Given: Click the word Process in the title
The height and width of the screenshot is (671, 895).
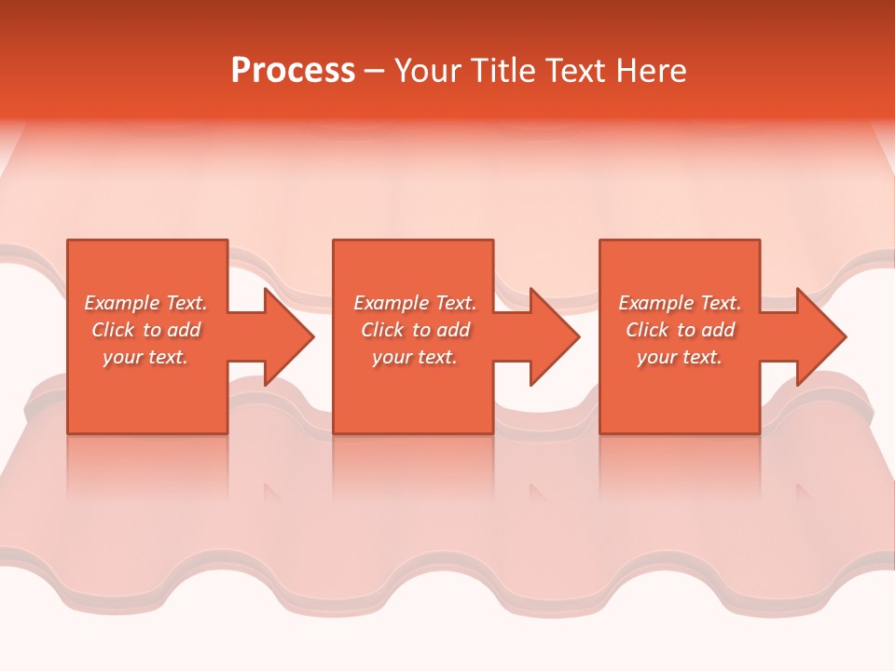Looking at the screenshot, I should [x=293, y=71].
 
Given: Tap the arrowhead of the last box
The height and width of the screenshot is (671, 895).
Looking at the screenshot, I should [x=819, y=336].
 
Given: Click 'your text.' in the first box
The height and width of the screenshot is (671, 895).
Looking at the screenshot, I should [x=145, y=357].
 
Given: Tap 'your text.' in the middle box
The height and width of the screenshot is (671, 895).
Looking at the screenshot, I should [x=415, y=357].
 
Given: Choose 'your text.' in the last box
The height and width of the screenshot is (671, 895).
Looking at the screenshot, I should [x=680, y=357].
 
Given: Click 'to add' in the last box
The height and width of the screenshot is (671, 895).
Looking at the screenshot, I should [x=710, y=330].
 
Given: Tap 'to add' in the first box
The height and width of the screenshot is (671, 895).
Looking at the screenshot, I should [x=176, y=330].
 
